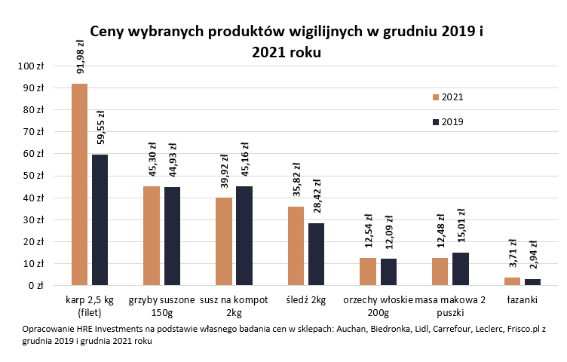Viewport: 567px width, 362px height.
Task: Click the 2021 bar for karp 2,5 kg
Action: [x=79, y=185]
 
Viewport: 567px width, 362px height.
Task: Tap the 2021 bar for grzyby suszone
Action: [x=152, y=236]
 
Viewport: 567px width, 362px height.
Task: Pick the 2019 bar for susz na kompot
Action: [x=244, y=236]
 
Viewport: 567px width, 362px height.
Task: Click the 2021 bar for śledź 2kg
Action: [x=296, y=247]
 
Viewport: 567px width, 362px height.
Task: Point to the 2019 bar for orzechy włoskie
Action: [x=388, y=272]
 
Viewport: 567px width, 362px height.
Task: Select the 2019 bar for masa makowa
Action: [x=461, y=269]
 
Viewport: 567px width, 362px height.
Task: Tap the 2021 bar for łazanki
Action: [x=512, y=281]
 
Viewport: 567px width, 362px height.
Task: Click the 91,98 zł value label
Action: [x=80, y=57]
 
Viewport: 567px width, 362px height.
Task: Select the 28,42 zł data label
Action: [x=317, y=198]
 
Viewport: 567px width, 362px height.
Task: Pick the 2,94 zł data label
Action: [x=532, y=255]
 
